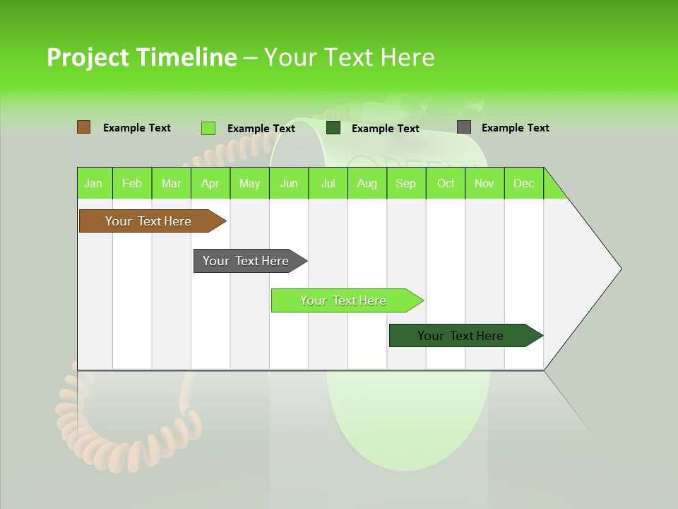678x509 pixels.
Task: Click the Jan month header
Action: point(94,183)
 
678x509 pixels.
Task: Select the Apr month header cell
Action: point(210,183)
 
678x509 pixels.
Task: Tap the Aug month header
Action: point(367,183)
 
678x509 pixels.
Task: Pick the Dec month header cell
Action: point(523,183)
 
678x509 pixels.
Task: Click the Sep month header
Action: point(406,183)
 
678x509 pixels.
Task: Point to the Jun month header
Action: point(289,183)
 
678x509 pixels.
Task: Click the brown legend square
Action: point(84,127)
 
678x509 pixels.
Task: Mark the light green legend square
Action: point(208,128)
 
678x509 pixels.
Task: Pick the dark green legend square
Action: point(333,128)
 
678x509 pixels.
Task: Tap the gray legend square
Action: point(464,127)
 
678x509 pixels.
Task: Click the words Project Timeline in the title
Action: point(141,57)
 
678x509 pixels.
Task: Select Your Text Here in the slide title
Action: point(349,57)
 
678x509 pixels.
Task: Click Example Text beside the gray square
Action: point(515,128)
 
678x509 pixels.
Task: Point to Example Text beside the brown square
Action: point(137,128)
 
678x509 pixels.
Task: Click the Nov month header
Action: point(484,183)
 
